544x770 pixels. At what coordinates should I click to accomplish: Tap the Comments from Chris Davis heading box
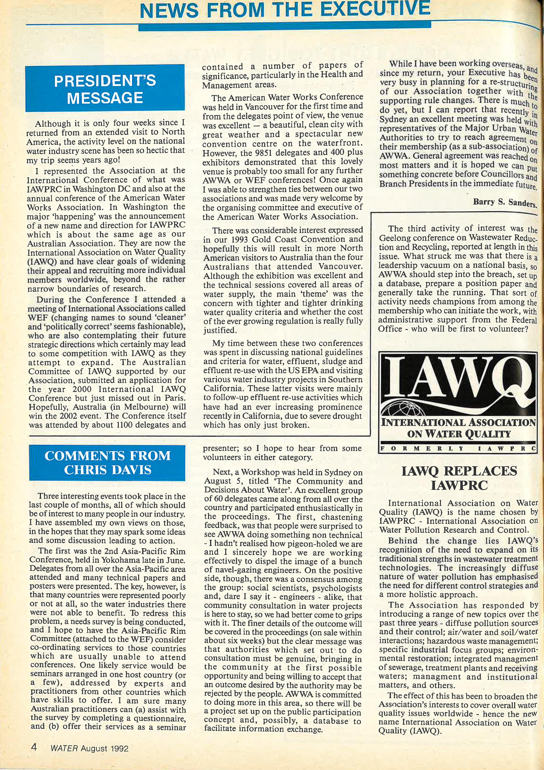tap(107, 463)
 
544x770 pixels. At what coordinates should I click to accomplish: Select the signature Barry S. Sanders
tap(505, 202)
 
